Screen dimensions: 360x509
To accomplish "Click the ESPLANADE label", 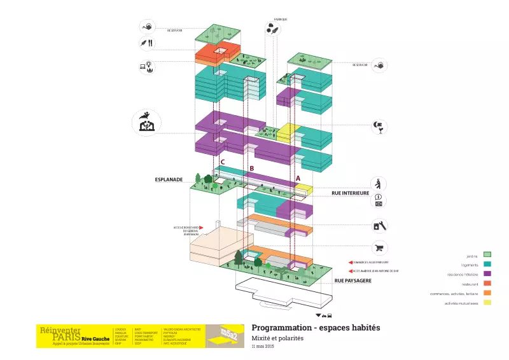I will coord(169,180).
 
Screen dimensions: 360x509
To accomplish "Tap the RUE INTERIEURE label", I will coord(351,192).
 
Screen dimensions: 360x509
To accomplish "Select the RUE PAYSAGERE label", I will coord(353,280).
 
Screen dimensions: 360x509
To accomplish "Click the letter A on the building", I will coord(298,179).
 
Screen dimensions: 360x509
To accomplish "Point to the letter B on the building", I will coord(252,169).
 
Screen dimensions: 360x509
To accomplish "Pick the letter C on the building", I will coord(222,162).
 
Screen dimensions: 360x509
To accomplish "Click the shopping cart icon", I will coord(379,248).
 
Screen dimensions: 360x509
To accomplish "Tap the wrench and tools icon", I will coord(379,225).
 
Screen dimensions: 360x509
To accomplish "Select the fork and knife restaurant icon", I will coord(147,43).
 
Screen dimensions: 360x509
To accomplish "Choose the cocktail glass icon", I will coord(379,127).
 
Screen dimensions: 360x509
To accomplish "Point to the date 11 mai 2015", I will coord(263,346).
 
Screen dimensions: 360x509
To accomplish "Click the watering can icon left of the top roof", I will coord(147,27).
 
